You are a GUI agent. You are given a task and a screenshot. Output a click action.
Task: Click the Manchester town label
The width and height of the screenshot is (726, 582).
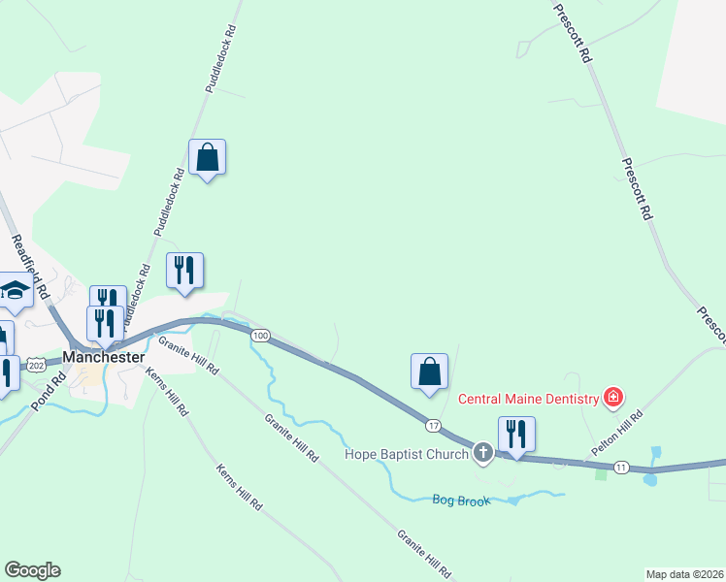104,357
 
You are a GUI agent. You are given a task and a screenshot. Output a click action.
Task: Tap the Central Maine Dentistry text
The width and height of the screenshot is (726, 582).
527,397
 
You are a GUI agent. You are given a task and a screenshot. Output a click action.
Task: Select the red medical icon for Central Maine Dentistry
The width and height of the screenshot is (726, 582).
612,396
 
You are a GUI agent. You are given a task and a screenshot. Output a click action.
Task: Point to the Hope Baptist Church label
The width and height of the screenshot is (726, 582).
408,453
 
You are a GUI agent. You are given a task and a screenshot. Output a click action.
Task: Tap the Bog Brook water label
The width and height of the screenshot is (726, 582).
461,500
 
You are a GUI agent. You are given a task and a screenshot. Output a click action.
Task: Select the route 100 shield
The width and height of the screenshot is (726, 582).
260,336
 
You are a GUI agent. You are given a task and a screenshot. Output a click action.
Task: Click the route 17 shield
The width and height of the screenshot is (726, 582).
433,425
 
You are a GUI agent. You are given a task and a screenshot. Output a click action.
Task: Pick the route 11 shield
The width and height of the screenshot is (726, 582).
621,468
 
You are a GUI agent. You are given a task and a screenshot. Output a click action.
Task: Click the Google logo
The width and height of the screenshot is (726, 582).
32,570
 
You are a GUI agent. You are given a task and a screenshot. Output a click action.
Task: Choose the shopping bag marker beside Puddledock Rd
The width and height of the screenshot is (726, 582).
207,157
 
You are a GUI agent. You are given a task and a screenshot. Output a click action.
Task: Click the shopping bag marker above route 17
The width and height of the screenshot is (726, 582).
429,372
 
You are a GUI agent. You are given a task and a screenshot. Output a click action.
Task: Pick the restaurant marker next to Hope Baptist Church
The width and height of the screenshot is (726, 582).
516,435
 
